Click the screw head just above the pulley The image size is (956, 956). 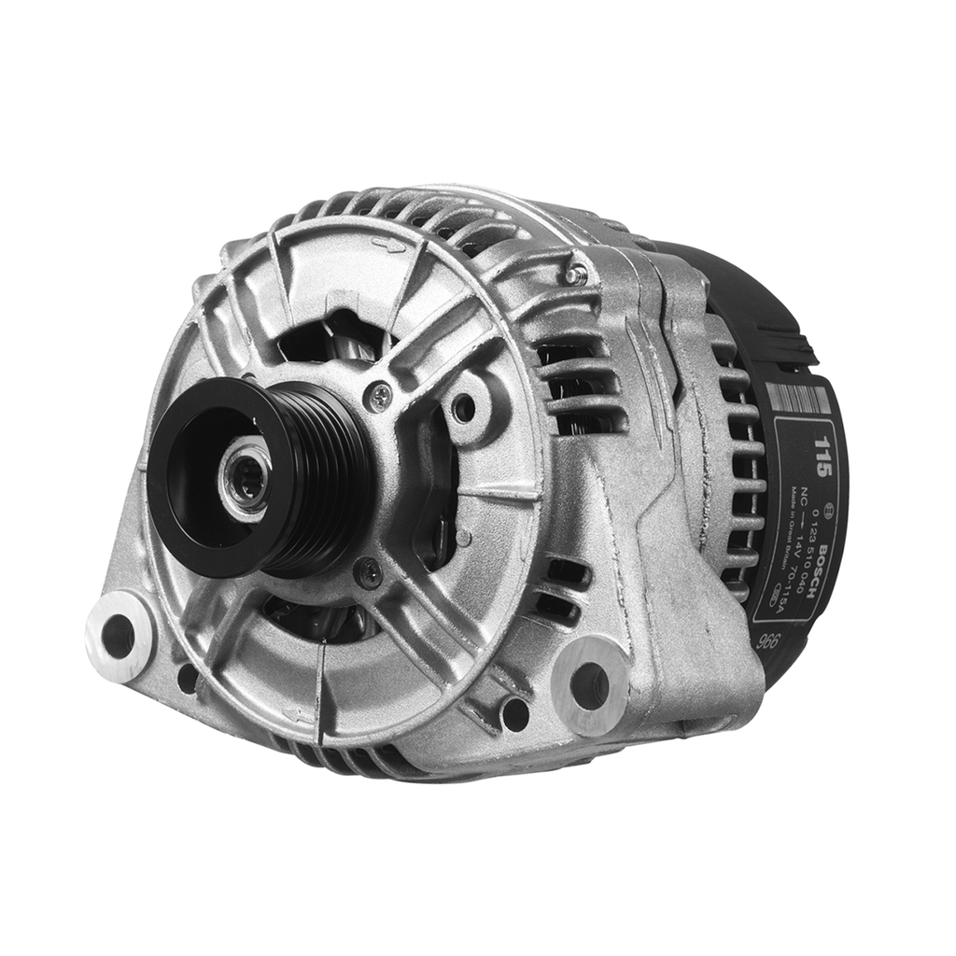click(380, 397)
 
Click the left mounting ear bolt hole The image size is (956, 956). click(118, 636)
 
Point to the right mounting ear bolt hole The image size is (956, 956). click(590, 685)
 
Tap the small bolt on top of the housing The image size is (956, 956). click(577, 274)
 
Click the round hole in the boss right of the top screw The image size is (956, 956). click(462, 407)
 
